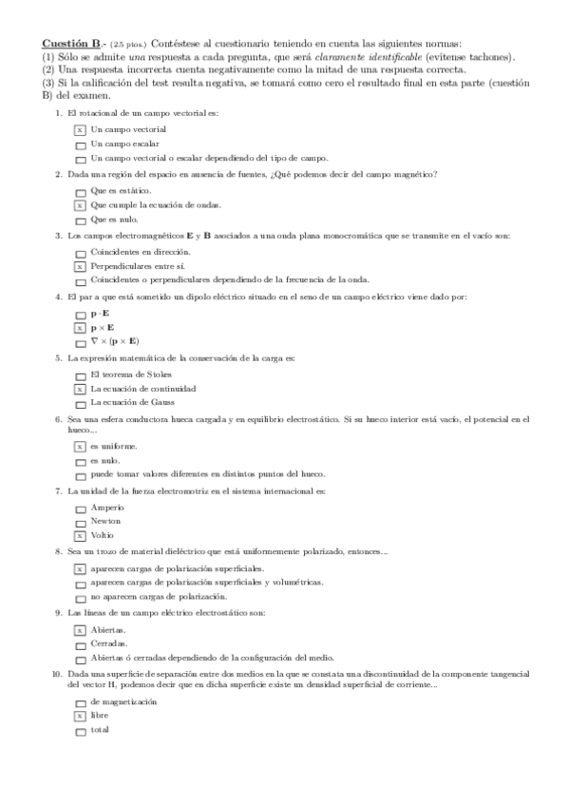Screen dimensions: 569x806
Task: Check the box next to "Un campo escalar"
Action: (81, 144)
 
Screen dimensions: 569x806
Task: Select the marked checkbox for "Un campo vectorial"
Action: (81, 129)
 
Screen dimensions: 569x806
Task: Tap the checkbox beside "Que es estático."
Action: (81, 191)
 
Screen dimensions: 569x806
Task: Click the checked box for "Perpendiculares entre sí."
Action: (81, 267)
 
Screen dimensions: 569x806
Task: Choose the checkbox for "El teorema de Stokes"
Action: (81, 375)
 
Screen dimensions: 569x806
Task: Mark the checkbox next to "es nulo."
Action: (81, 461)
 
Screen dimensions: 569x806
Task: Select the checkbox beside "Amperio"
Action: (81, 509)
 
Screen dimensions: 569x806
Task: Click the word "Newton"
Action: (105, 522)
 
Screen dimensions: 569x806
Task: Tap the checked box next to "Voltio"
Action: (81, 536)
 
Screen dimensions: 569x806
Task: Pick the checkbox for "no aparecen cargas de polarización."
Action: (81, 597)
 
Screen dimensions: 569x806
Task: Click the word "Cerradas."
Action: (109, 643)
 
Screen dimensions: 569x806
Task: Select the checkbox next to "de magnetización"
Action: (81, 702)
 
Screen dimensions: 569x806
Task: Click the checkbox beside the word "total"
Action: (81, 731)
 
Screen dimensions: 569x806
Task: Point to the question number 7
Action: (60, 490)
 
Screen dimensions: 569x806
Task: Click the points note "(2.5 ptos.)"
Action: (129, 45)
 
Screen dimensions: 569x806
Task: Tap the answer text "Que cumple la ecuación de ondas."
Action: (156, 204)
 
